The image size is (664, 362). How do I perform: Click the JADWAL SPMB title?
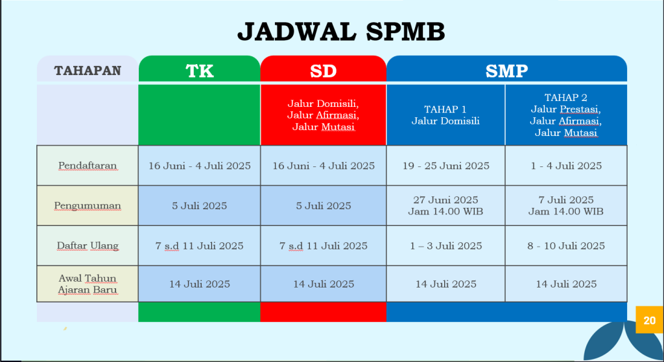(341, 32)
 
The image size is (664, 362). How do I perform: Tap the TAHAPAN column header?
(88, 70)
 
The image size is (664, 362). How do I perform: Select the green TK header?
(200, 69)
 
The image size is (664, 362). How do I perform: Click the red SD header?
(324, 69)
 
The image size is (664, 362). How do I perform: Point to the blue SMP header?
(507, 69)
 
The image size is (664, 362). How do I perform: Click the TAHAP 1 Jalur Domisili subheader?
(446, 115)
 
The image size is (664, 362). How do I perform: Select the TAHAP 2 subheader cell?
(566, 115)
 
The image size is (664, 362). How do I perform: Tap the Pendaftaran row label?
(88, 165)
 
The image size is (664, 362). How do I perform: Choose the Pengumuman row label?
(88, 205)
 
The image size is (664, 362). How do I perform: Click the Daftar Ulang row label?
(88, 245)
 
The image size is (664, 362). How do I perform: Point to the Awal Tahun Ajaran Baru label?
(88, 284)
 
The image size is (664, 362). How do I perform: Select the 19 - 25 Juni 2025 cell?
(446, 165)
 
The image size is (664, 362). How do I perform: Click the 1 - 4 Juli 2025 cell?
(566, 165)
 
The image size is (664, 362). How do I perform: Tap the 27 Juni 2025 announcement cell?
(446, 205)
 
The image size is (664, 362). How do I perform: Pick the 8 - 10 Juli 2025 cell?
(566, 245)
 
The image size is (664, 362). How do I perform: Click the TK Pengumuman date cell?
(200, 205)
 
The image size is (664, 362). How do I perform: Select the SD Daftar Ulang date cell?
(324, 245)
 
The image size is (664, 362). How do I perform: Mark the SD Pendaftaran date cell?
(324, 165)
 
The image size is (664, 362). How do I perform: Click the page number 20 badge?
(650, 320)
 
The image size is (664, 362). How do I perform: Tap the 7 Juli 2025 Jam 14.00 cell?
(566, 205)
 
